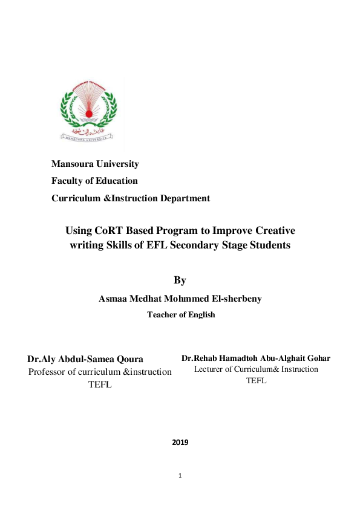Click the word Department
click(x=185, y=198)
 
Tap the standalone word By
click(x=180, y=280)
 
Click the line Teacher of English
click(x=181, y=314)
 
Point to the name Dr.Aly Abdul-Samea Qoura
click(x=85, y=359)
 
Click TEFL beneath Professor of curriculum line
click(x=100, y=385)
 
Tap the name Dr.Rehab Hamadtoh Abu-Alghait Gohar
click(x=256, y=358)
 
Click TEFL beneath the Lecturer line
click(x=256, y=381)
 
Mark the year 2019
click(x=180, y=443)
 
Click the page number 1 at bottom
click(x=180, y=475)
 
